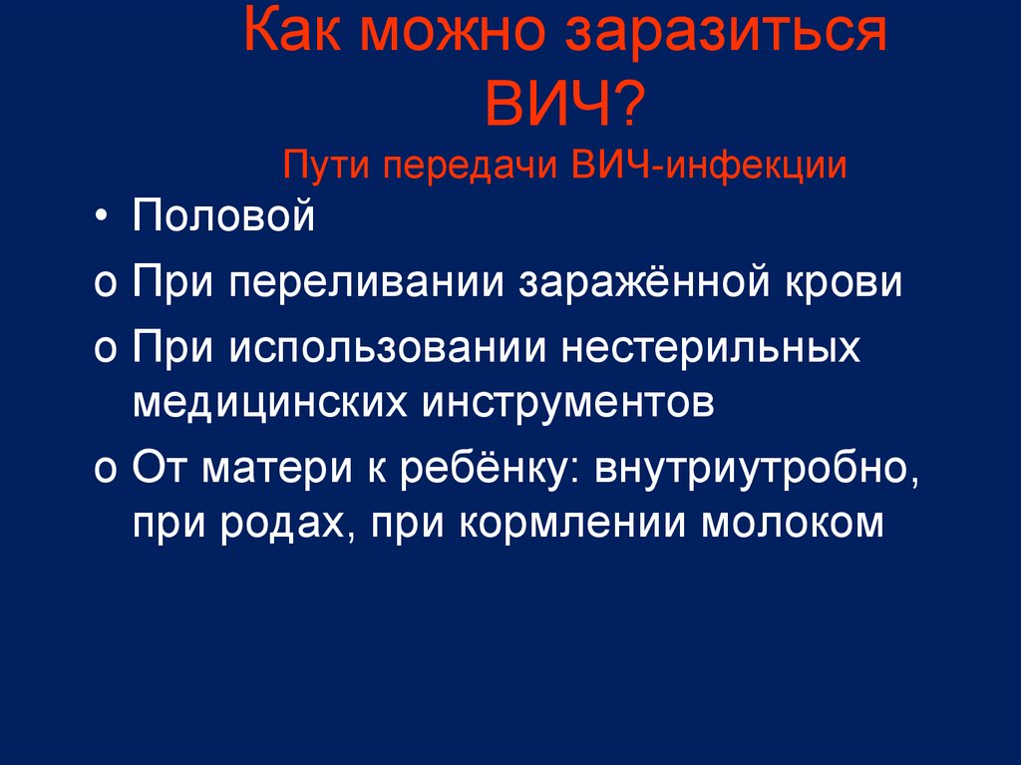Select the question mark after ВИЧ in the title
628,103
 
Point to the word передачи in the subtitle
470,168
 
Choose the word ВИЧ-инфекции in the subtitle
709,165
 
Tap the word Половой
224,215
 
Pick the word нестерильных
711,348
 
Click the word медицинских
270,404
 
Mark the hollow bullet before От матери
105,469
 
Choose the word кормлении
573,525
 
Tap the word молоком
792,524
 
